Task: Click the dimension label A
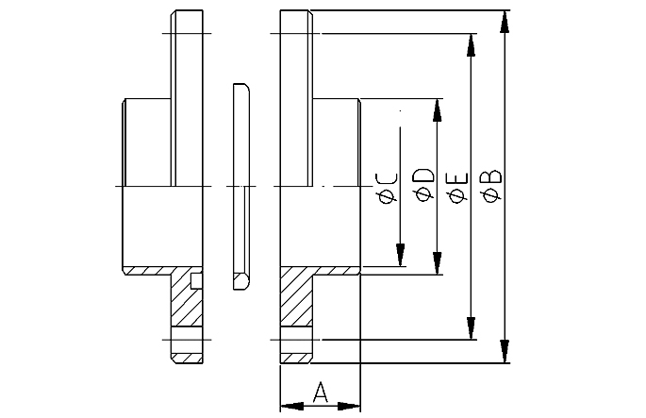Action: [x=320, y=392]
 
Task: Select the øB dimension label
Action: [x=492, y=186]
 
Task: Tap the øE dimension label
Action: [x=458, y=188]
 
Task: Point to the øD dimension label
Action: [x=424, y=185]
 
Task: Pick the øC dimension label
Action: [x=387, y=188]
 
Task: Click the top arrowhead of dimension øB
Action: [x=505, y=22]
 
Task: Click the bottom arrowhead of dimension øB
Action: [x=505, y=352]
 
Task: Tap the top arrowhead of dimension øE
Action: [x=471, y=45]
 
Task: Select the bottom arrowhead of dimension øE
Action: [x=471, y=328]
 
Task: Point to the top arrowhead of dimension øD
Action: [x=438, y=110]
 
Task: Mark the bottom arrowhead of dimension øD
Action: [x=438, y=263]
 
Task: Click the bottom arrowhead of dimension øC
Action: [x=400, y=255]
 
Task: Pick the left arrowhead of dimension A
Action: [x=292, y=407]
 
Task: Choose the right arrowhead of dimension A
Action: [x=349, y=407]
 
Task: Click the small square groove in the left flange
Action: [x=196, y=281]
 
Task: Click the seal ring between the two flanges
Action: [x=241, y=186]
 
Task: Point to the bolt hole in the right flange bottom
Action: [x=296, y=340]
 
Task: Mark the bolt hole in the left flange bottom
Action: [x=187, y=340]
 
